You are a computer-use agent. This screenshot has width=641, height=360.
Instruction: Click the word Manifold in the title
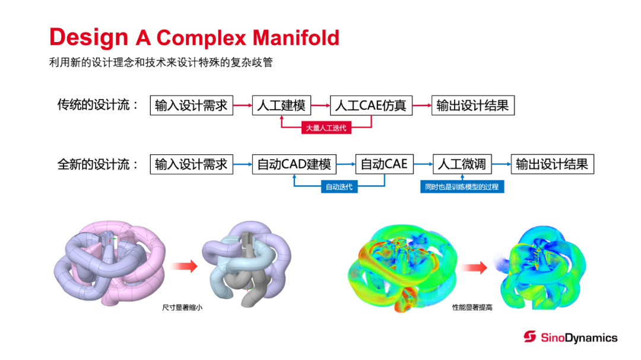click(x=296, y=38)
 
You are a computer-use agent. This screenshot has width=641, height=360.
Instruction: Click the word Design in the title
click(x=88, y=38)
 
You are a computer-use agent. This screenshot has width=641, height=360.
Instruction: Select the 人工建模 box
click(x=281, y=106)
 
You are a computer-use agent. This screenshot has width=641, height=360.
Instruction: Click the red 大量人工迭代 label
click(x=326, y=128)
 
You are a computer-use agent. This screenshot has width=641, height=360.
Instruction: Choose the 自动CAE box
click(x=384, y=164)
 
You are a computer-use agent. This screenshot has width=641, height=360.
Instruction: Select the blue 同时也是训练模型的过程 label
click(x=462, y=187)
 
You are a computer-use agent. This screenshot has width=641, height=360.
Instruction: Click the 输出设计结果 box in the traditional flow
click(x=472, y=106)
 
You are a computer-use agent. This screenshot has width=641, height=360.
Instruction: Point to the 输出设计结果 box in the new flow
click(x=552, y=164)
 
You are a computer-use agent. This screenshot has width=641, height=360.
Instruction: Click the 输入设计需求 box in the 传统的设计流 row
click(x=191, y=106)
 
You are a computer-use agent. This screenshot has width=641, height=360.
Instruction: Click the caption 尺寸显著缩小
click(x=178, y=308)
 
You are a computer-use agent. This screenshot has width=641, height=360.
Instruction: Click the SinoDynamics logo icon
click(x=529, y=337)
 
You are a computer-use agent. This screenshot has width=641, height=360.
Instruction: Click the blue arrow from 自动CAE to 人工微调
click(x=423, y=164)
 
